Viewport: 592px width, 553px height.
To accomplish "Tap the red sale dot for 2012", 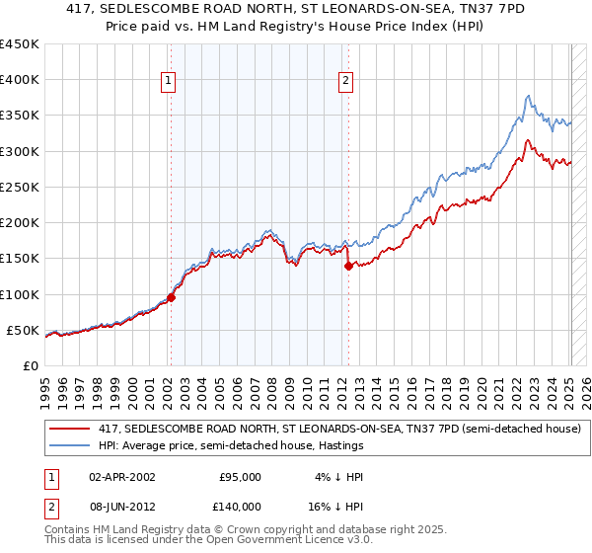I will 348,265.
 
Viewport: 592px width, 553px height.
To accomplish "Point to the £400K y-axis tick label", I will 20,80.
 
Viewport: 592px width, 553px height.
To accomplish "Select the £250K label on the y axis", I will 20,187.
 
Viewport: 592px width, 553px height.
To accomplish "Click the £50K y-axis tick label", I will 24,330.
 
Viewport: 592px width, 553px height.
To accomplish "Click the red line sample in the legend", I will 70,429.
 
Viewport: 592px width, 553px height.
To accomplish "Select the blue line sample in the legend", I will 70,445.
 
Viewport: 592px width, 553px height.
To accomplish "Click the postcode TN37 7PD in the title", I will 453,10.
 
